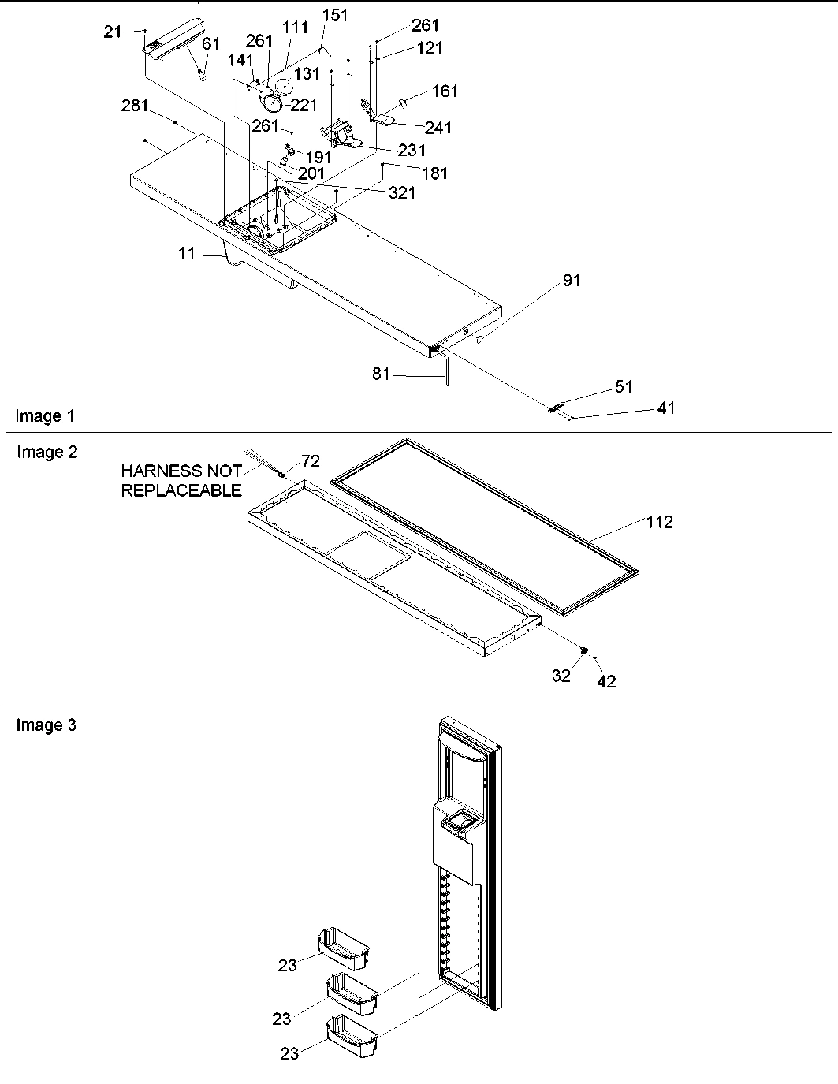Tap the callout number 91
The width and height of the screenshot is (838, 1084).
(571, 281)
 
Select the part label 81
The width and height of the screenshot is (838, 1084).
(382, 374)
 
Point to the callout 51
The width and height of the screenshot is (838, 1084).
(624, 386)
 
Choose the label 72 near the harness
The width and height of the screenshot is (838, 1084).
(311, 462)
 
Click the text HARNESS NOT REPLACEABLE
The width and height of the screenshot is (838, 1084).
(181, 481)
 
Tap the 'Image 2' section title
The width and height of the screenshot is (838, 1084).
(47, 452)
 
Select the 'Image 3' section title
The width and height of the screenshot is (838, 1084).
(47, 725)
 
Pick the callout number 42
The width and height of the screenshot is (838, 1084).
(606, 682)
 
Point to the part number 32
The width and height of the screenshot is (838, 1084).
(561, 676)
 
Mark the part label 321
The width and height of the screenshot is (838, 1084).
(402, 192)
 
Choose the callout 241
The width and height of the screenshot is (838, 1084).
(438, 128)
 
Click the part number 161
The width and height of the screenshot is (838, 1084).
(445, 91)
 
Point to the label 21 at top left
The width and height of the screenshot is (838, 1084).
(113, 31)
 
